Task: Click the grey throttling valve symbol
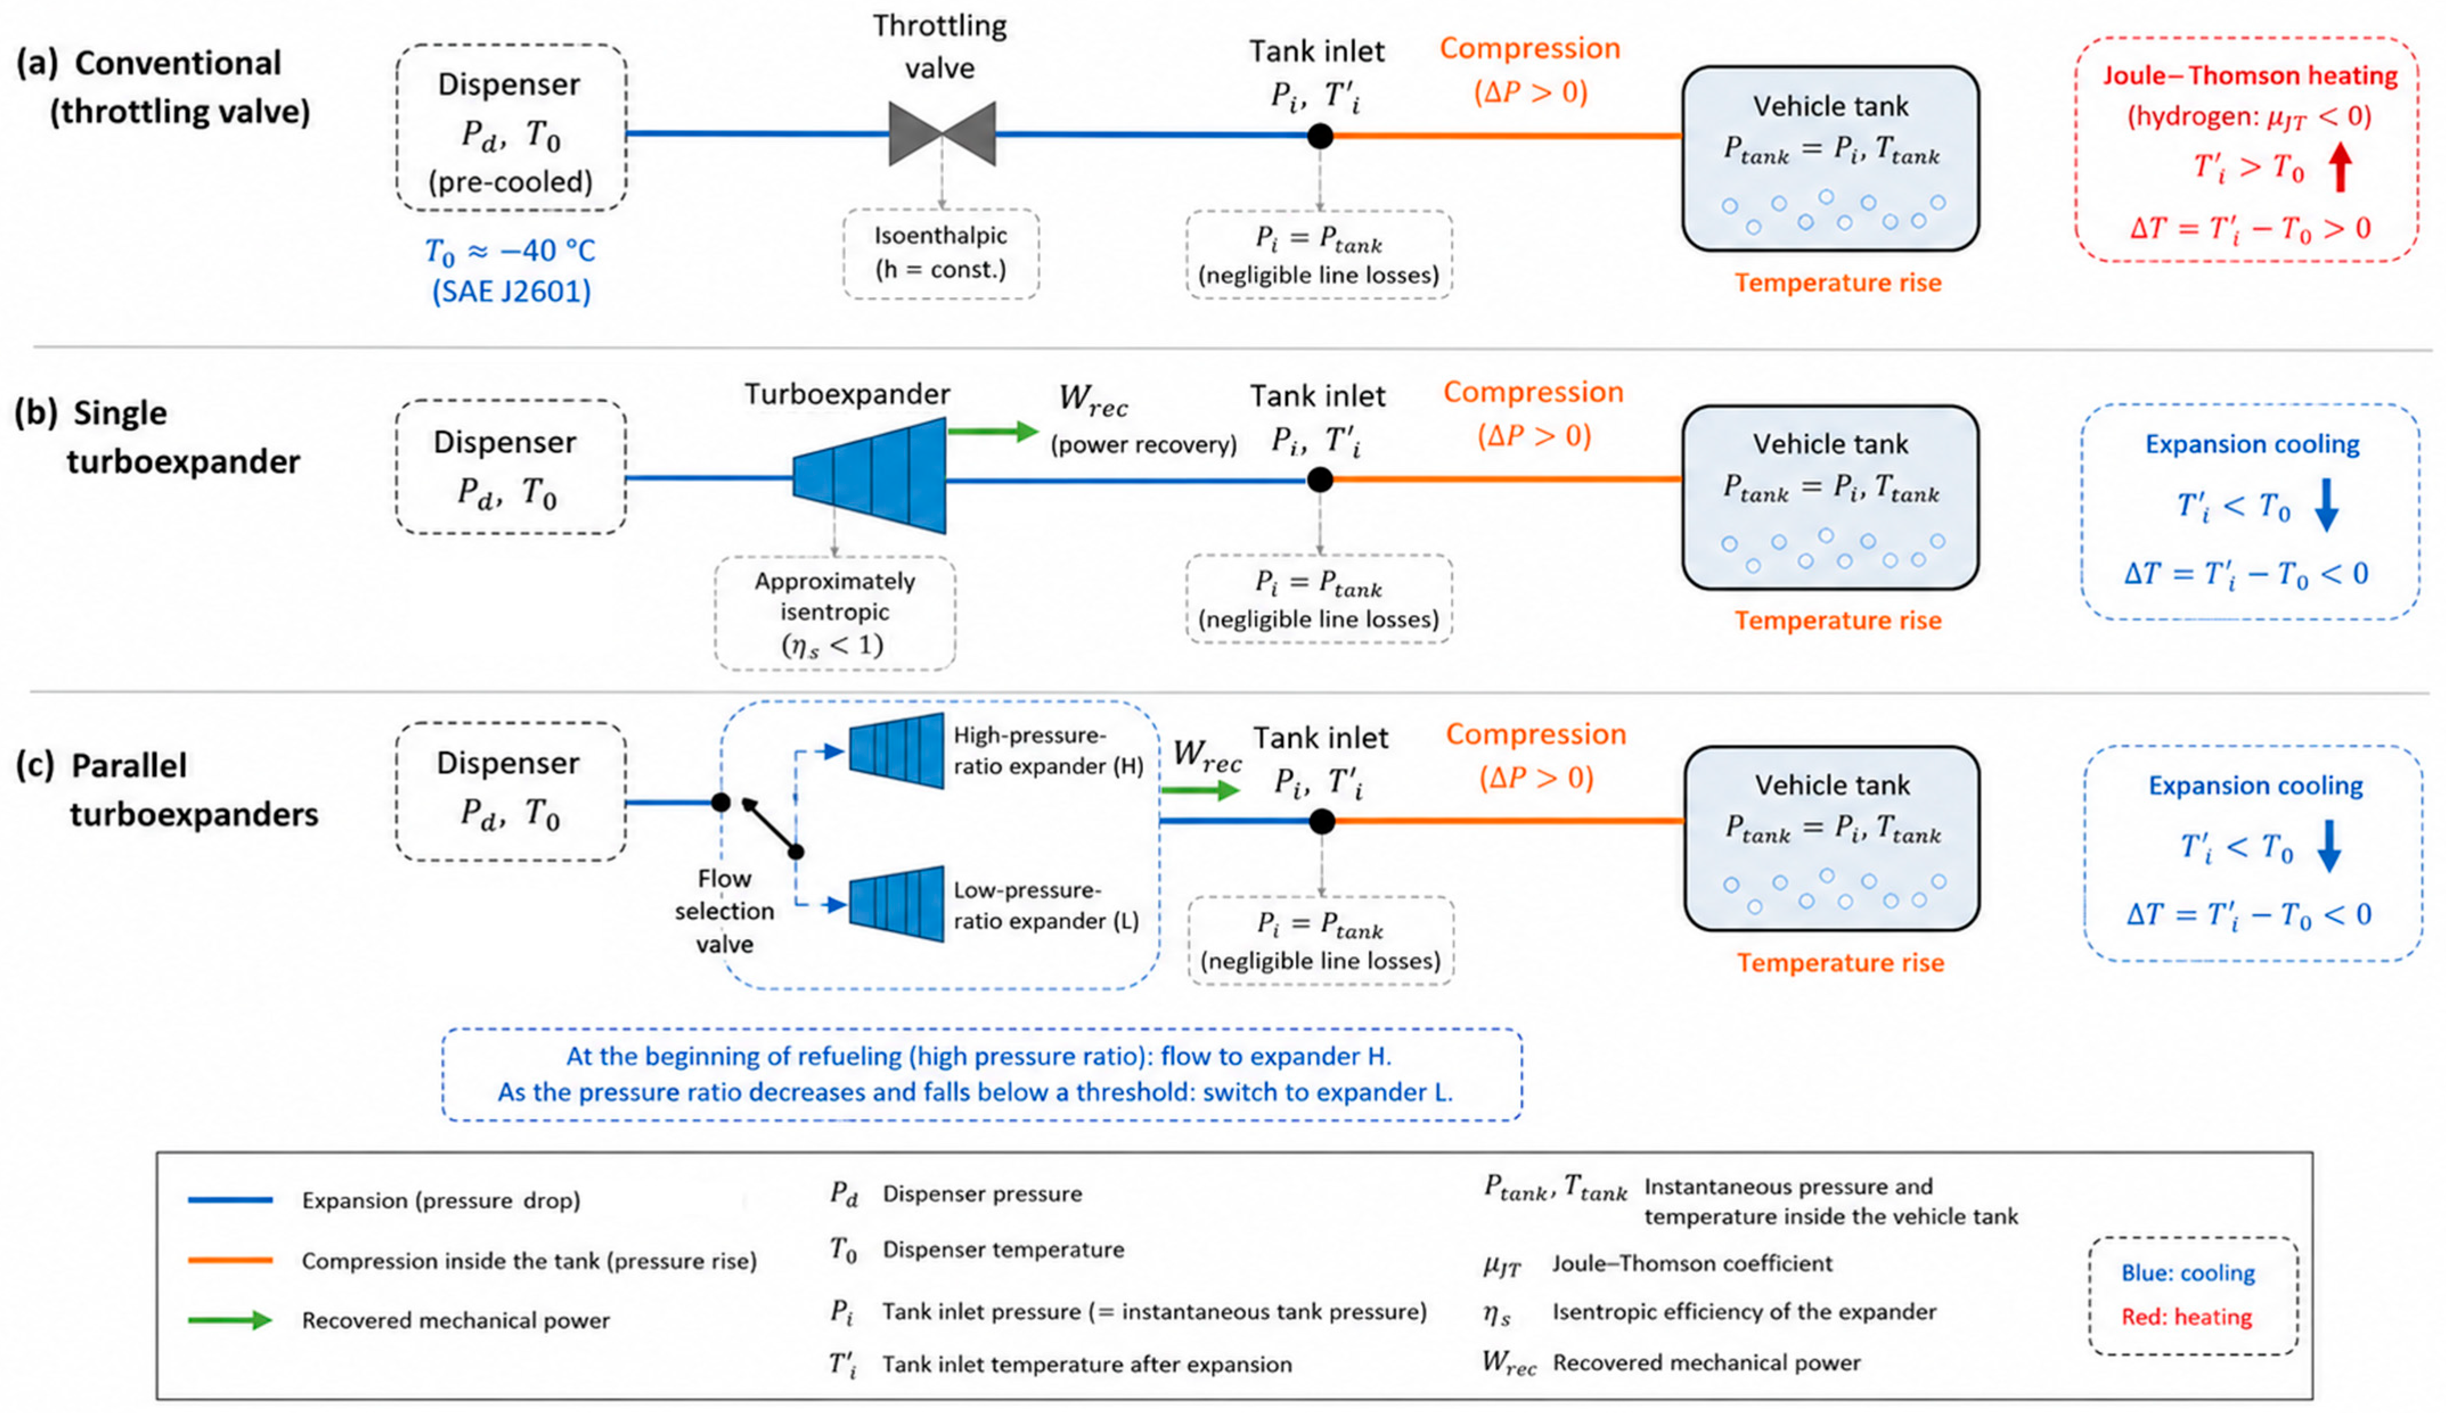942,134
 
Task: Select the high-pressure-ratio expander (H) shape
896,750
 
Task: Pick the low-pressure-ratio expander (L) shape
896,903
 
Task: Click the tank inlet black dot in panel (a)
1320,136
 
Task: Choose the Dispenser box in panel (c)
510,791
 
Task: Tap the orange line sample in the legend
230,1260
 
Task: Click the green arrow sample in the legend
230,1320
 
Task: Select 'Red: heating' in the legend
2186,1317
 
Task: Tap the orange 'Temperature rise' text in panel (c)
1840,963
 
